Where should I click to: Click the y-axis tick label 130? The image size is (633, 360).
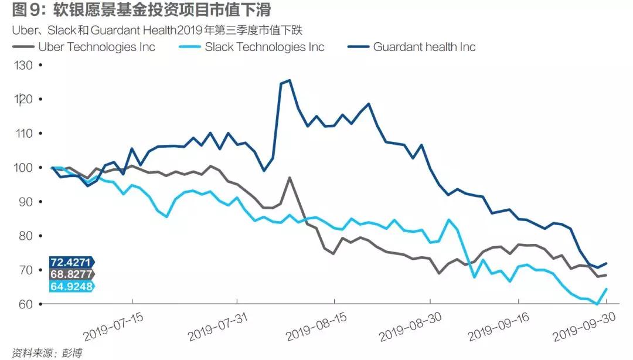click(24, 65)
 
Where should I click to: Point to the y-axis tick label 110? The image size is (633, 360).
click(24, 134)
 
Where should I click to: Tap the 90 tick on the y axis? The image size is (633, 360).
click(27, 202)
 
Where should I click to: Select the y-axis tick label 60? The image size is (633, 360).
click(27, 304)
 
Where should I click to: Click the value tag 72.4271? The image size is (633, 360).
click(70, 262)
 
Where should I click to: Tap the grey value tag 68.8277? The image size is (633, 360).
click(70, 274)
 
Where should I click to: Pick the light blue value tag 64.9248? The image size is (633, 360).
click(70, 286)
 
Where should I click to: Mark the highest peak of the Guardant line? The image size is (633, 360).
click(290, 80)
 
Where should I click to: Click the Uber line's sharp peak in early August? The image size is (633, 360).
click(290, 177)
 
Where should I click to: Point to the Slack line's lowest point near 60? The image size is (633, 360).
click(597, 304)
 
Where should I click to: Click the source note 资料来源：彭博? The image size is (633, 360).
click(42, 353)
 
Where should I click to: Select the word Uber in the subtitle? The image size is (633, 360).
click(23, 30)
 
